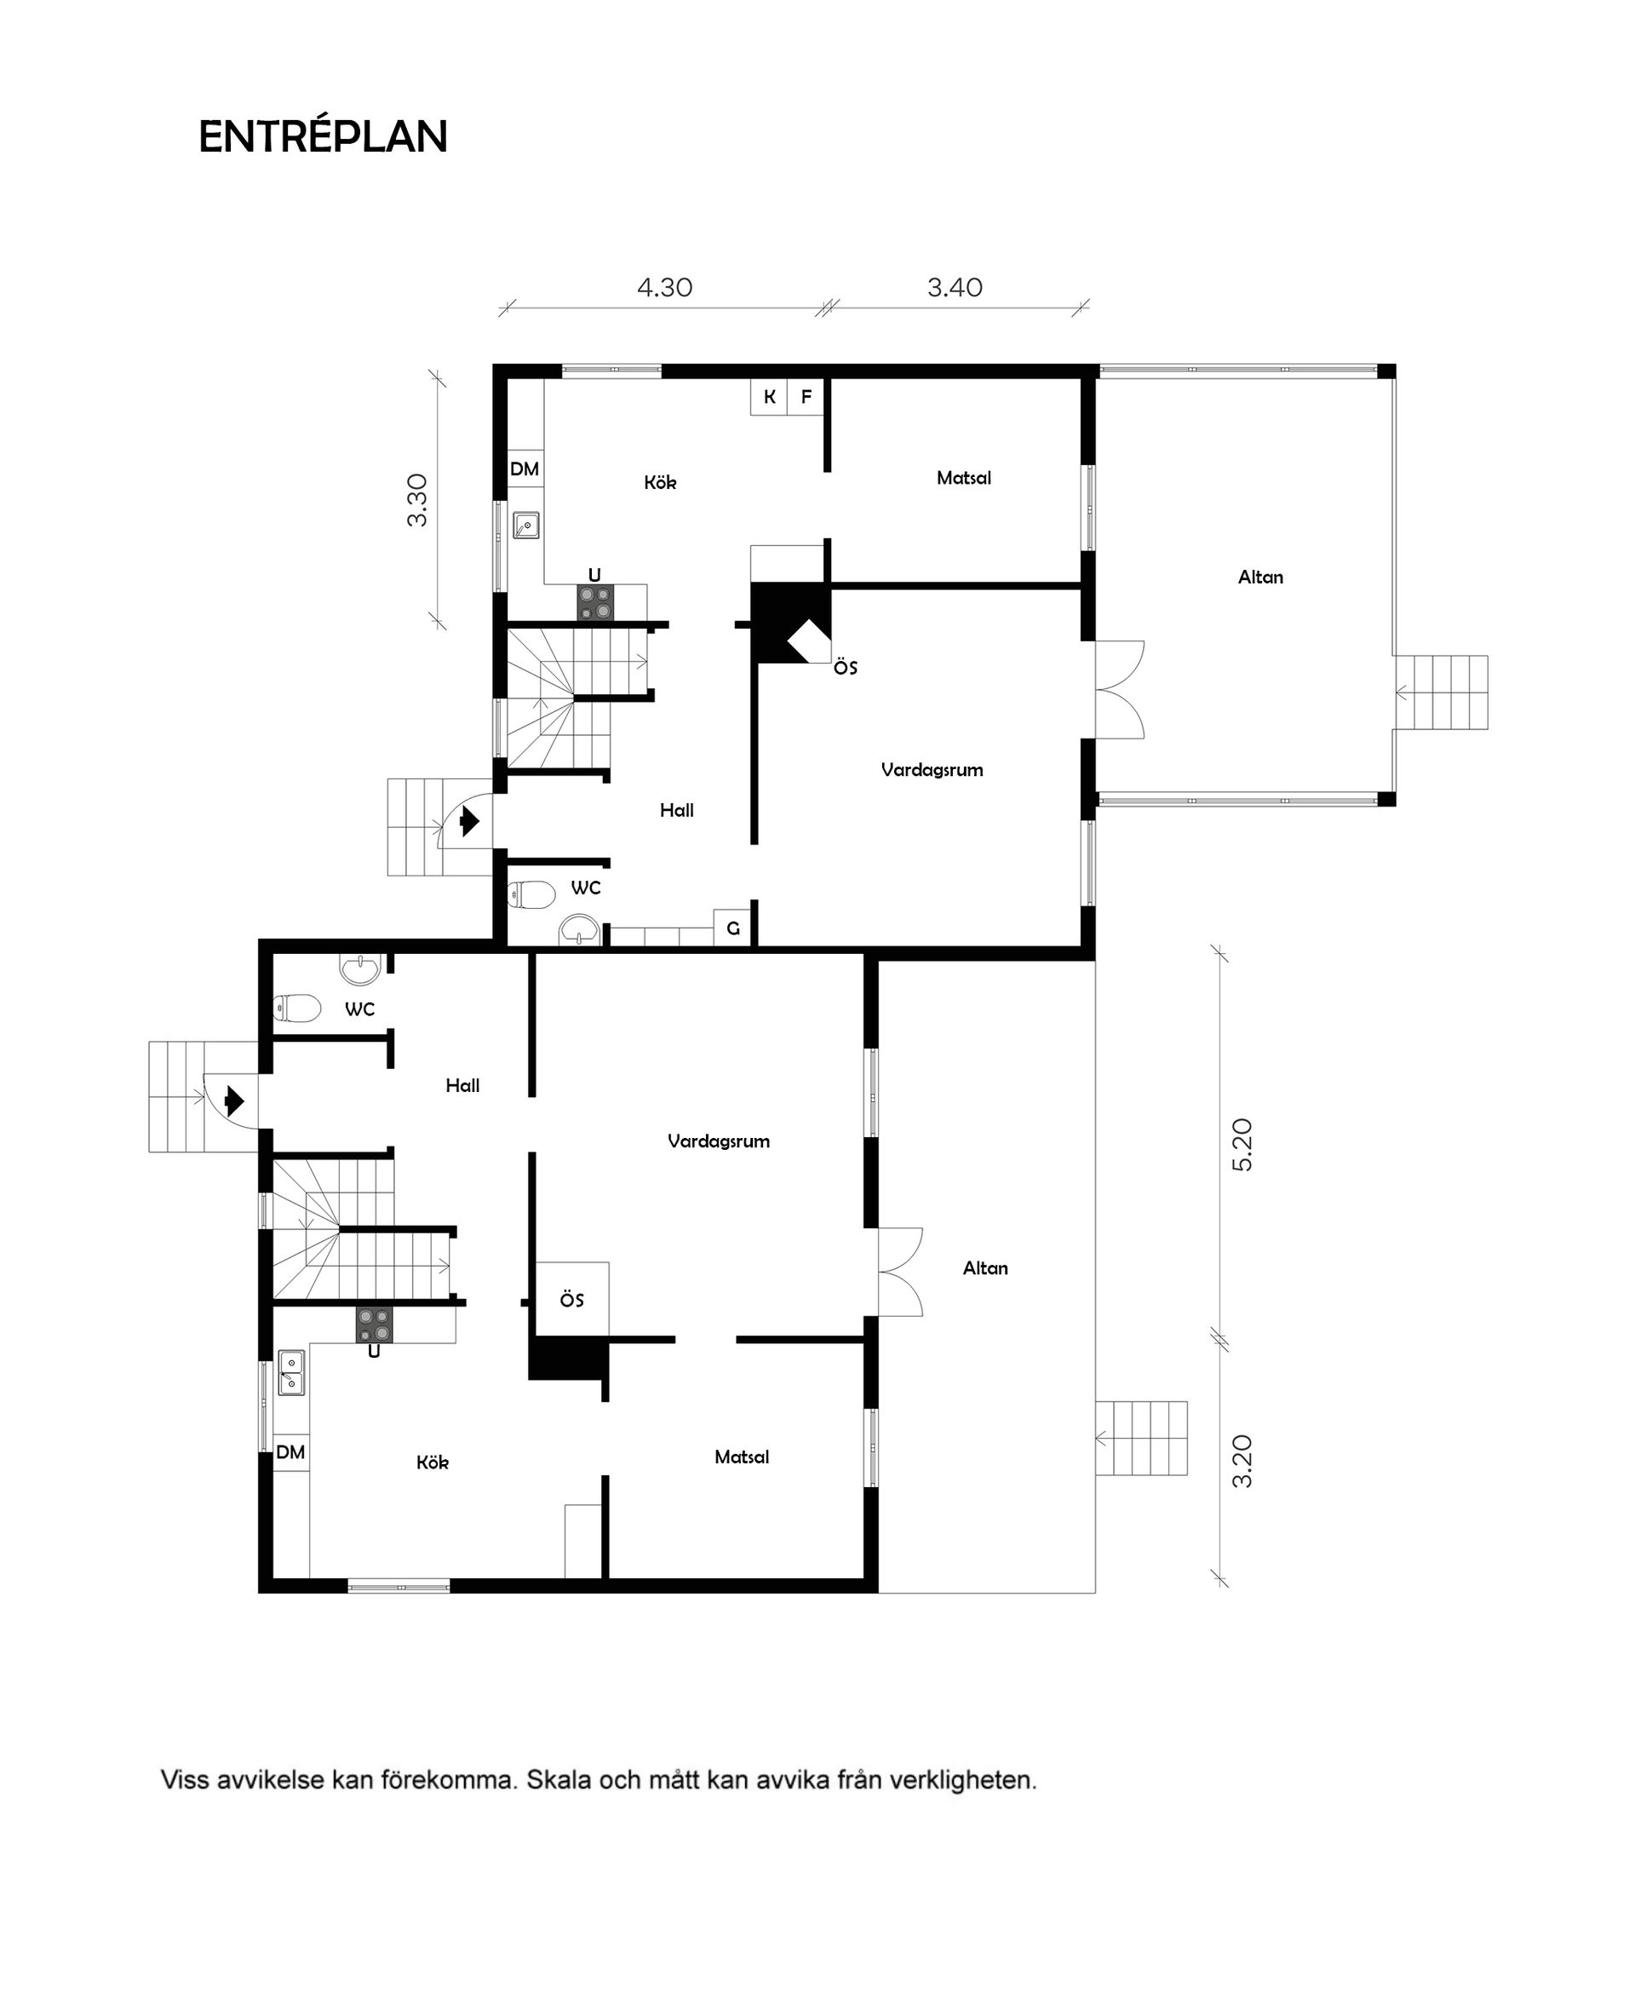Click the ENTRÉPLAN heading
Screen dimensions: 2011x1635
coord(322,137)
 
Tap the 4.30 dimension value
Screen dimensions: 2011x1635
coord(664,287)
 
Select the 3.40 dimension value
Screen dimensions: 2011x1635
coord(954,287)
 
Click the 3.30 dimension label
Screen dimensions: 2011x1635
coord(416,499)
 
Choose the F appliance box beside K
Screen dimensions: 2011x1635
coord(806,397)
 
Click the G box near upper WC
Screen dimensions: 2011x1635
coord(732,928)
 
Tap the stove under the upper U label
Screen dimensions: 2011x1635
coord(595,602)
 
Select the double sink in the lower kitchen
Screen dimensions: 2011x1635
coord(291,1372)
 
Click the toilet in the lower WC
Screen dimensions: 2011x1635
coord(295,1008)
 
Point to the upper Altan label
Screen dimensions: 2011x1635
coord(1259,577)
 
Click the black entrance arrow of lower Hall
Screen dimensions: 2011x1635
coord(233,1100)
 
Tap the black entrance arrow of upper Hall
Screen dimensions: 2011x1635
coord(468,822)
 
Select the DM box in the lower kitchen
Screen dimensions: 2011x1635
coord(290,1451)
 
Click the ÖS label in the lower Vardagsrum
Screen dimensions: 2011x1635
coord(571,1300)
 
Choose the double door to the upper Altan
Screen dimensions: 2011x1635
coord(1119,689)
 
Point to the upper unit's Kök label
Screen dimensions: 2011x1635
coord(659,482)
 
